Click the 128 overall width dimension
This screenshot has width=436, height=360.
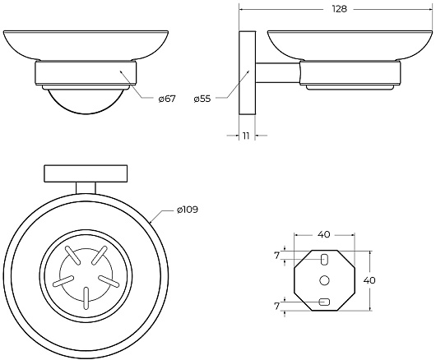340,9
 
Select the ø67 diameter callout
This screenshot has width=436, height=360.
167,99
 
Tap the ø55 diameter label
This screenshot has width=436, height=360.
202,99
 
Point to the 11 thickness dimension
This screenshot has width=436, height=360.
246,136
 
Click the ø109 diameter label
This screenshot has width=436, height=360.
188,210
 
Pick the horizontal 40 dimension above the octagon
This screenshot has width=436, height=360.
324,235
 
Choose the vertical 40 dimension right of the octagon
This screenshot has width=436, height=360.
369,280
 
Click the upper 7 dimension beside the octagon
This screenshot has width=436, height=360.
276,256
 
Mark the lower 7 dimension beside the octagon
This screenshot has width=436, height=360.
276,306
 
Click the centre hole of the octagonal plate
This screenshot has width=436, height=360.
324,280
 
